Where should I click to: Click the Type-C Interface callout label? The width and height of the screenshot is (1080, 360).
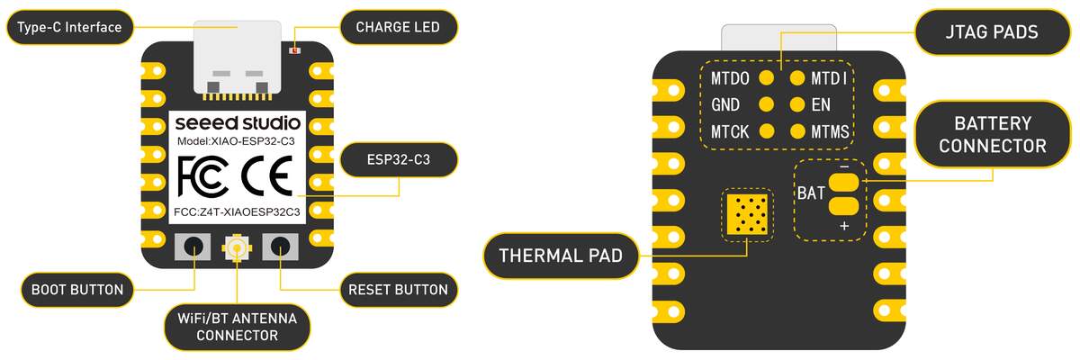click(x=70, y=28)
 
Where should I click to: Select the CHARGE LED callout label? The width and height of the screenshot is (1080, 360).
click(x=398, y=28)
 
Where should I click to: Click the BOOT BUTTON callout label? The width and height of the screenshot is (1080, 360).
click(x=77, y=290)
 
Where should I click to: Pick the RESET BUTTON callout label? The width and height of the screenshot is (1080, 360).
click(x=398, y=290)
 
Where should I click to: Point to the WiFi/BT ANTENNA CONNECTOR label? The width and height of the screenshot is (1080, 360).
click(x=238, y=327)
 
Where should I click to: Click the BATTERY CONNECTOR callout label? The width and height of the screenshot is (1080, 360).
click(x=993, y=134)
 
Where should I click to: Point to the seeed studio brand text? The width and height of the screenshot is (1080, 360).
click(x=238, y=122)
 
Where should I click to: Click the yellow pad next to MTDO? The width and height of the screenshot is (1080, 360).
click(x=767, y=78)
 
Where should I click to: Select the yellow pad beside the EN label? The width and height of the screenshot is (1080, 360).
click(x=796, y=104)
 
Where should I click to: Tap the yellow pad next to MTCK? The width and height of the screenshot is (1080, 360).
click(x=767, y=131)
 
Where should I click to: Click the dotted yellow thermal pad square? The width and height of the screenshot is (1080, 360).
click(x=747, y=214)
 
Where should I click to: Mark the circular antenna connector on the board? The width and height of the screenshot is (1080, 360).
click(x=238, y=246)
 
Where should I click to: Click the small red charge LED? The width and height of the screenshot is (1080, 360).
click(x=294, y=49)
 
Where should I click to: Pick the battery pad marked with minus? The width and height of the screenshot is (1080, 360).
click(x=843, y=181)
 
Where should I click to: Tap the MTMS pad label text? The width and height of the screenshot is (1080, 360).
click(x=829, y=132)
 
